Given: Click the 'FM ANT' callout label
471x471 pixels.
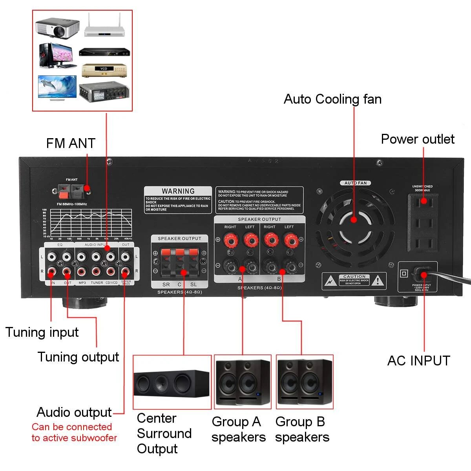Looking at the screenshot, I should pyautogui.click(x=71, y=143).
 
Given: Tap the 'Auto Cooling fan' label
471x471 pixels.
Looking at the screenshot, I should pyautogui.click(x=332, y=99).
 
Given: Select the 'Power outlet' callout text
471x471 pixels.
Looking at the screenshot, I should pyautogui.click(x=418, y=139).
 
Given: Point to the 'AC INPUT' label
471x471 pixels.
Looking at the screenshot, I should pyautogui.click(x=418, y=361).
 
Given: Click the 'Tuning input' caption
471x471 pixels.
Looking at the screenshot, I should pyautogui.click(x=42, y=332).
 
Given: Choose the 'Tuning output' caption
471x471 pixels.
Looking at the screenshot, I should pyautogui.click(x=78, y=357).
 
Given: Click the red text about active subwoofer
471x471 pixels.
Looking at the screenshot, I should pyautogui.click(x=74, y=433).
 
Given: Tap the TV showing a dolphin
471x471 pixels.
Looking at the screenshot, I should pyautogui.click(x=57, y=87).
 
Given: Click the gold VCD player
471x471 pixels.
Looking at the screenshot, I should pyautogui.click(x=104, y=71).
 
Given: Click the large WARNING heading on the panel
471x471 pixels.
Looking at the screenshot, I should pyautogui.click(x=178, y=191).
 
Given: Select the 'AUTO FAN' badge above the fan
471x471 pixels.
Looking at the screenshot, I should pyautogui.click(x=356, y=183).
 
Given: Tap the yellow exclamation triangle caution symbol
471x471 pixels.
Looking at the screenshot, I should pyautogui.click(x=378, y=281).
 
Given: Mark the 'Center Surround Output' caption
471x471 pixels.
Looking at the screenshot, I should pyautogui.click(x=164, y=433).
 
